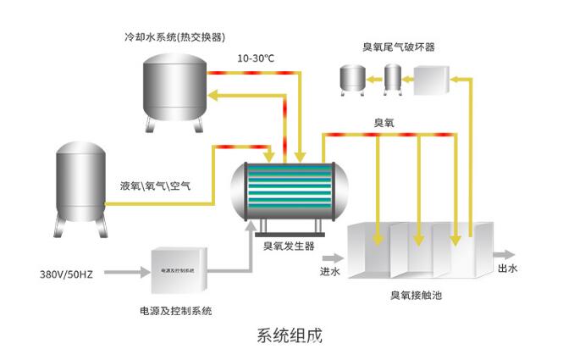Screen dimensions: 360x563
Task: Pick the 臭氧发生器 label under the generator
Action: (288, 246)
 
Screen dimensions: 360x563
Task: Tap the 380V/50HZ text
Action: (68, 274)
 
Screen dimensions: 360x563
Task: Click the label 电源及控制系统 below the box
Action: (175, 311)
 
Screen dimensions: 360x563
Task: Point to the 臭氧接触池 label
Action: (416, 297)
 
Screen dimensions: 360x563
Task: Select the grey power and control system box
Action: (179, 270)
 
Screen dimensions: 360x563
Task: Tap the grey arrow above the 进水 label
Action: (333, 255)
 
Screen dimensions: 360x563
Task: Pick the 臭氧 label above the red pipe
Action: (385, 122)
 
